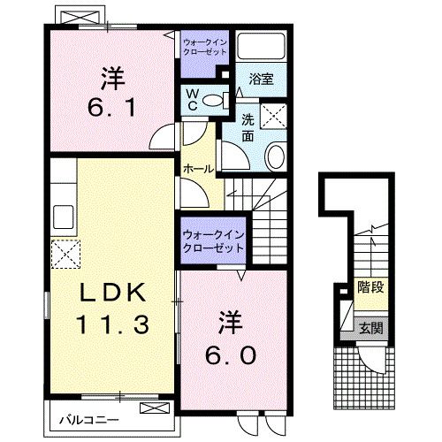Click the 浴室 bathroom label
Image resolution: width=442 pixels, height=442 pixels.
tap(261, 79)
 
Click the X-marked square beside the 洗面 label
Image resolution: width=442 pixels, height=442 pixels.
tap(274, 116)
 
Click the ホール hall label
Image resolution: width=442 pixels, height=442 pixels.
tap(195, 168)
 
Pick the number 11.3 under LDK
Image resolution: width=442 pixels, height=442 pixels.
tap(110, 324)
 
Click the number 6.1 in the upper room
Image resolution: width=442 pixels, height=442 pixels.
tap(110, 107)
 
